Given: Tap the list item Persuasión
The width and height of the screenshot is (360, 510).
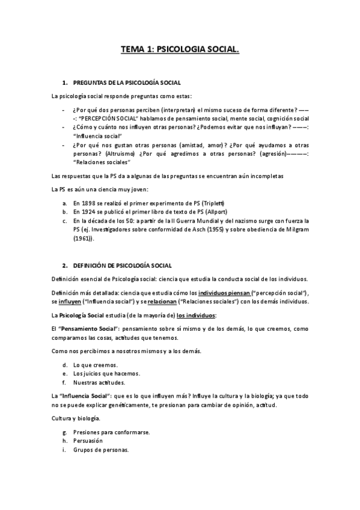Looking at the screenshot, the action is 88,440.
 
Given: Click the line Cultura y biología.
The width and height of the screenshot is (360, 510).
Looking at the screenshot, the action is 75,418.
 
